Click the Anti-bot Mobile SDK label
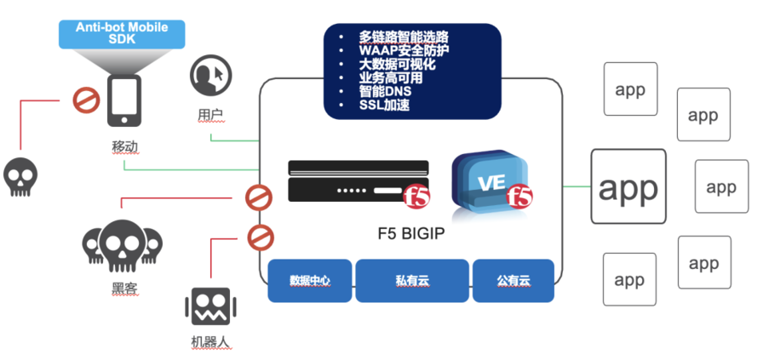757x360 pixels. [x=122, y=33]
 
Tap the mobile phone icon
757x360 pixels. [x=123, y=100]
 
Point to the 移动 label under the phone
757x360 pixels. [x=124, y=146]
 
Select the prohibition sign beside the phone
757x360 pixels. [x=84, y=100]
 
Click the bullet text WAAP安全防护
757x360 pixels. [x=404, y=50]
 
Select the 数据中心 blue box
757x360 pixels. [x=310, y=280]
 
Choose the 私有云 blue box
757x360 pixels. [x=412, y=280]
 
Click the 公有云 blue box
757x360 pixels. [x=513, y=280]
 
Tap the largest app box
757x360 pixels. [x=628, y=187]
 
